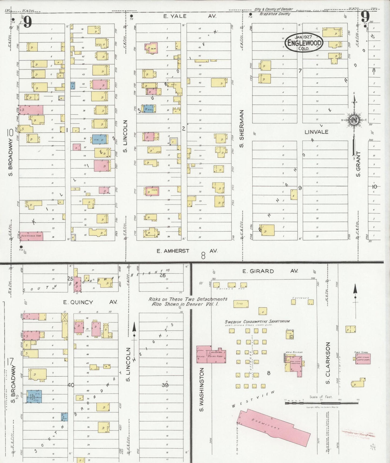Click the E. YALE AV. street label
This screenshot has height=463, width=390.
(x=189, y=16)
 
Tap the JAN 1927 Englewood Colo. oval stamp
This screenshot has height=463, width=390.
(x=304, y=43)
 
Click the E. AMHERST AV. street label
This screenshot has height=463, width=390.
(x=187, y=251)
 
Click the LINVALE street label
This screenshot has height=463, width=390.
(x=316, y=132)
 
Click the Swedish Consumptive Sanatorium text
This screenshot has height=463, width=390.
(x=257, y=322)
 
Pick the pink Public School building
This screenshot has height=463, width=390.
(x=363, y=359)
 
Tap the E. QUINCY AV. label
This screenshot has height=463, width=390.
(x=90, y=302)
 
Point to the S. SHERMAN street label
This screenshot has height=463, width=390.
(x=241, y=129)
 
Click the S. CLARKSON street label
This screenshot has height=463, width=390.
(x=328, y=363)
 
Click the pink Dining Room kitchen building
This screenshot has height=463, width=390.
(x=211, y=354)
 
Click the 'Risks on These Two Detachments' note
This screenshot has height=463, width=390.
(x=188, y=301)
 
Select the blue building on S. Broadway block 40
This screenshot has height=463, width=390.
(x=34, y=396)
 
